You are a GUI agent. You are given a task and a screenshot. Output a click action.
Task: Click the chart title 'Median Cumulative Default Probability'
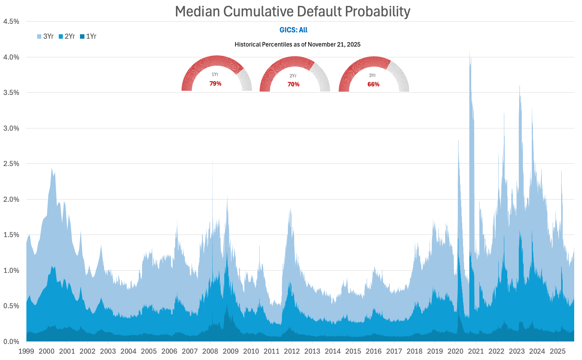pos(293,12)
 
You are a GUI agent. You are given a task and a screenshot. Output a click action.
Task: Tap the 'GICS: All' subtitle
pos(293,30)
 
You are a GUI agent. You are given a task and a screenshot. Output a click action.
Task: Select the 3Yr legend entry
pos(45,36)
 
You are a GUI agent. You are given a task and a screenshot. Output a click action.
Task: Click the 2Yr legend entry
pos(67,36)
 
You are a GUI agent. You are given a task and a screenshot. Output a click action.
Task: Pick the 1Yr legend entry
pos(88,36)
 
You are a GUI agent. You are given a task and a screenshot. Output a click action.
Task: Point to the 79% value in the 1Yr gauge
pos(215,84)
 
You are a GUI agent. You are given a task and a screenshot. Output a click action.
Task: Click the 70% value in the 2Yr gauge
pos(293,85)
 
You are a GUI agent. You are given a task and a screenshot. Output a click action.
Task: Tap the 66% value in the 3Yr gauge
pos(373,85)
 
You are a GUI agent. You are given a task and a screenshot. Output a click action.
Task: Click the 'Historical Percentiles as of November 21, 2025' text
pos(298,45)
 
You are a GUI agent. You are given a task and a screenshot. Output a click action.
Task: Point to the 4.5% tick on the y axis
pos(11,22)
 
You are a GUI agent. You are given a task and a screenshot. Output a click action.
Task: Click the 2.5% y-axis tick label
pos(11,164)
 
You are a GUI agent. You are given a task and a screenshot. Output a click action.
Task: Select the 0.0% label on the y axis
pos(11,341)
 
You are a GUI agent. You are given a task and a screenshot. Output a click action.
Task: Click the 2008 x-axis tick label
pos(210,351)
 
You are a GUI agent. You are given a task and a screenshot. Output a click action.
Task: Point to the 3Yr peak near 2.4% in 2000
pos(52,169)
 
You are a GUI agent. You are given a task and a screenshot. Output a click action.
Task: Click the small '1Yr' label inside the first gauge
pos(215,74)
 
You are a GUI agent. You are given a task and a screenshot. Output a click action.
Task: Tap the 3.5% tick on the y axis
pos(11,93)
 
